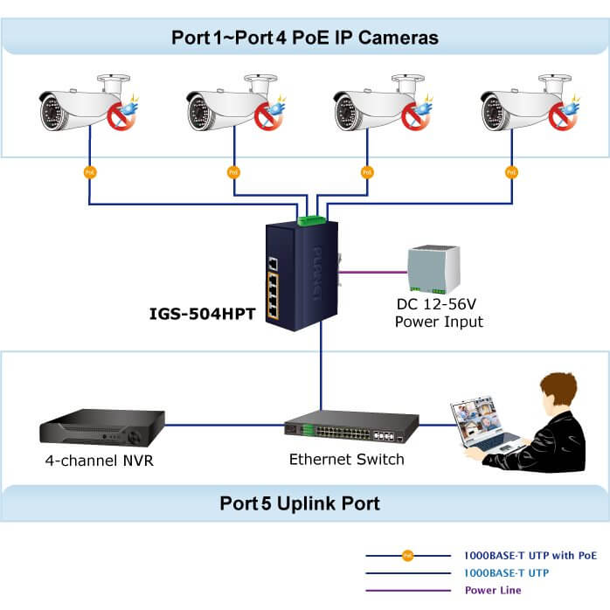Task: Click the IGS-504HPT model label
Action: [x=204, y=312]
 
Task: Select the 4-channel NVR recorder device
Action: [x=101, y=430]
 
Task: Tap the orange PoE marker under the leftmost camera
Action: [x=89, y=172]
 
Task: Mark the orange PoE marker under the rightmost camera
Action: [x=511, y=172]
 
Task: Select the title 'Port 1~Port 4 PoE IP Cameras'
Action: [x=305, y=38]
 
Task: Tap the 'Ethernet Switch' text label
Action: [x=346, y=459]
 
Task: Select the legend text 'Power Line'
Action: [x=492, y=590]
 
